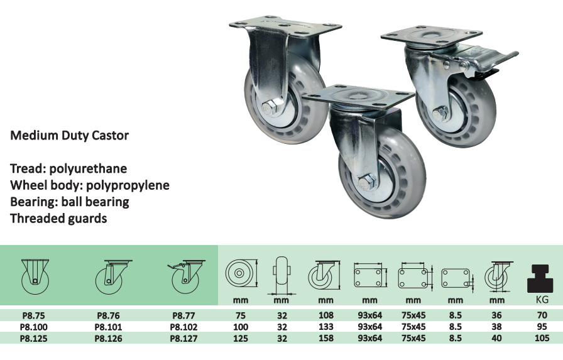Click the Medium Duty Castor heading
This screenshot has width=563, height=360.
coord(69,135)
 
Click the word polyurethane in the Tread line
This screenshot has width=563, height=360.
coord(88,168)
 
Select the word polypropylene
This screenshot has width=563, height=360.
coord(128,185)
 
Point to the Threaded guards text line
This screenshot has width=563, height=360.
coord(58,218)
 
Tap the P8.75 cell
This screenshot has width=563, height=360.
coord(34,315)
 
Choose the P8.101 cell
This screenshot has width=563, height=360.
coord(109,327)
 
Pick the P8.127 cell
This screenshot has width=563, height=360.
coord(183,339)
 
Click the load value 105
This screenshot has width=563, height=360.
coord(542,338)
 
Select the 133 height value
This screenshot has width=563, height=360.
coord(325,327)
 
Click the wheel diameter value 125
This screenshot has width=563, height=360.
coord(241,338)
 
